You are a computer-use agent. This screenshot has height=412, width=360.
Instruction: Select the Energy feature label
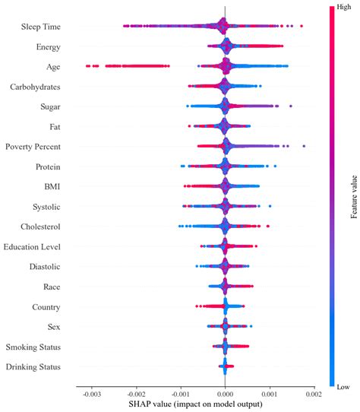pos(49,47)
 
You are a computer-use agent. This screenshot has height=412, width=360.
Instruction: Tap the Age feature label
pos(53,67)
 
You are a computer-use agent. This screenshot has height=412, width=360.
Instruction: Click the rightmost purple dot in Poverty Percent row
pos(304,146)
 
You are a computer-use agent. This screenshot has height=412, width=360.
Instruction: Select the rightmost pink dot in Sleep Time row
pos(302,27)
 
